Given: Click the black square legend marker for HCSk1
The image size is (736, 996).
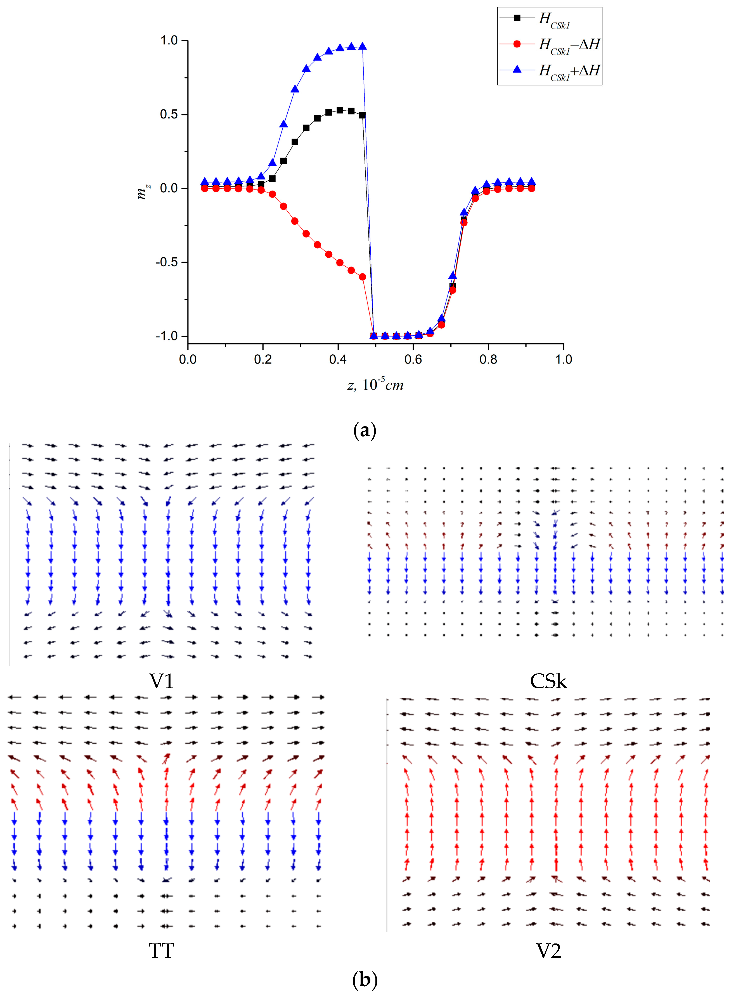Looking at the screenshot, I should coord(517,18).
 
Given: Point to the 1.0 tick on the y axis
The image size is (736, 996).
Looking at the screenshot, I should coord(169,41).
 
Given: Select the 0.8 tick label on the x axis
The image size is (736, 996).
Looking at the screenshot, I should coord(488,359).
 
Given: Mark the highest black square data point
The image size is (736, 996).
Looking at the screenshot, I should coord(340,110).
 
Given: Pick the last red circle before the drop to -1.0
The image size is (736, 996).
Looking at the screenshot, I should coord(362,277).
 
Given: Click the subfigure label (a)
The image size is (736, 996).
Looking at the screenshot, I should coord(365,431).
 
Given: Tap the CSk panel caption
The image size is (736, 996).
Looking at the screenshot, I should coord(548,681).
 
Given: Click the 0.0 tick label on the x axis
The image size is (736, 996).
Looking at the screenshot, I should coord(188,359).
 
